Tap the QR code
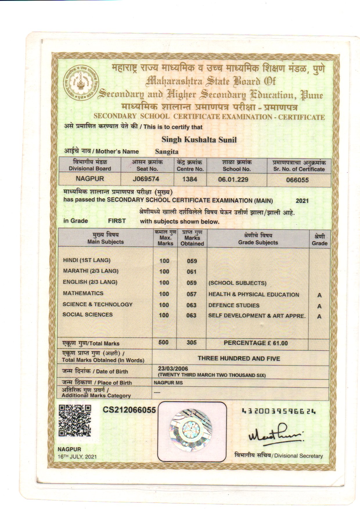click(75, 421)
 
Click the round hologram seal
click(191, 430)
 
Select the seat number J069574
click(146, 179)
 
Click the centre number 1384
click(190, 179)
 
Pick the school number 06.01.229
click(233, 179)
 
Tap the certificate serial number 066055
click(297, 180)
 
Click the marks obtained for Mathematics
click(192, 294)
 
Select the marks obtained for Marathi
click(192, 272)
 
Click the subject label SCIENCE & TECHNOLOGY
click(98, 304)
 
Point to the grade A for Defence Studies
click(319, 306)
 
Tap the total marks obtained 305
click(192, 343)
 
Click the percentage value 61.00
click(280, 343)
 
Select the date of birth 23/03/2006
click(173, 368)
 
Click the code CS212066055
click(129, 410)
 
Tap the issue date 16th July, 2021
click(77, 457)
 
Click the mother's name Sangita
click(167, 152)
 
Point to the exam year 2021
click(302, 201)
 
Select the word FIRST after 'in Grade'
click(117, 221)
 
